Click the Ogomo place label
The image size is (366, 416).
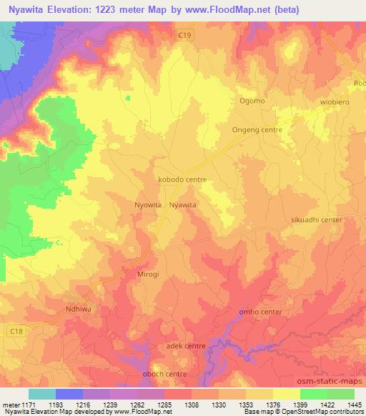tap(252, 101)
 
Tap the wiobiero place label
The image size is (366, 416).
tap(334, 101)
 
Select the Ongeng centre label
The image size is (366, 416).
tap(257, 130)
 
